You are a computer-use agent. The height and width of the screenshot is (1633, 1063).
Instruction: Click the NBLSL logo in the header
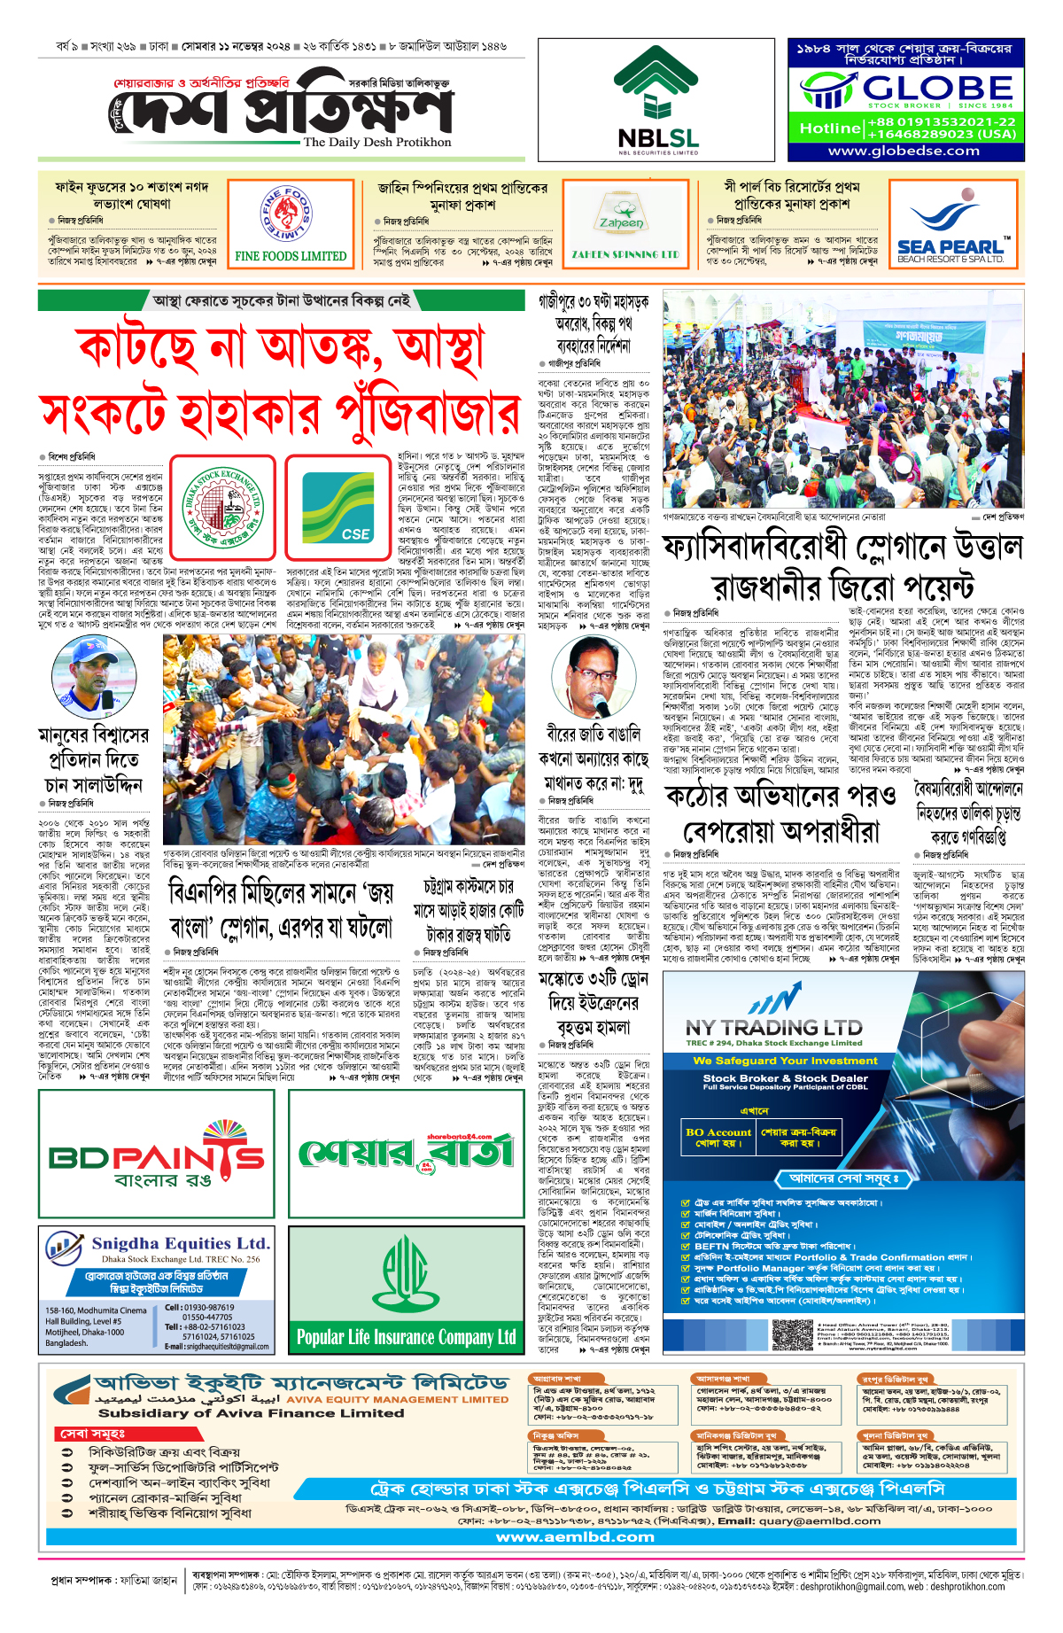click(657, 99)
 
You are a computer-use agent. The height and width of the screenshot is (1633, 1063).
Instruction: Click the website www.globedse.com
click(904, 151)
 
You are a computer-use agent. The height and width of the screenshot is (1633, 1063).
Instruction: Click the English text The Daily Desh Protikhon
click(376, 142)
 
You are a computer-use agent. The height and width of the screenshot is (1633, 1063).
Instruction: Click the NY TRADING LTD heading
click(773, 1028)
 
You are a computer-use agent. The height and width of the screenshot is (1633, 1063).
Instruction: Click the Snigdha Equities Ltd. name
click(181, 1244)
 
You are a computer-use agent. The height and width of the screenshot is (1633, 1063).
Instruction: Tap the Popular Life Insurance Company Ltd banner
click(406, 1336)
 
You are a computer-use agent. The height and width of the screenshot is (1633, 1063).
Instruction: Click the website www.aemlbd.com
click(575, 1536)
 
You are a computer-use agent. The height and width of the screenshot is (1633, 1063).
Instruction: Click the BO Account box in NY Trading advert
click(718, 1138)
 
